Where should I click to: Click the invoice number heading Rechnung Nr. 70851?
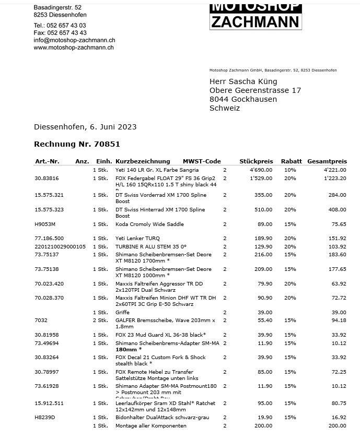77,144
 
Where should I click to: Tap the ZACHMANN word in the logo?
256,21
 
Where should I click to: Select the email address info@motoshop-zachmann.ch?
74,40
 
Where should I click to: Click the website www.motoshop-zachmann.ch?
74,48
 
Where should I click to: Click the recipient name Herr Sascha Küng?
243,81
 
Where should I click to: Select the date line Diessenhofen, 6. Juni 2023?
85,127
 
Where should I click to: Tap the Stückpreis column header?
256,161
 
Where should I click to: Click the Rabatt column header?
291,161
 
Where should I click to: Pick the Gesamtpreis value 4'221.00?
335,170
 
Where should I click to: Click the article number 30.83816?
47,179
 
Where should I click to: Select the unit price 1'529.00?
261,179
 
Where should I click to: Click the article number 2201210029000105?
60,246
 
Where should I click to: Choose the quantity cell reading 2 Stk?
100,321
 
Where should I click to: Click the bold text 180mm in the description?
126,350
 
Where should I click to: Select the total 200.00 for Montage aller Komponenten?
337,426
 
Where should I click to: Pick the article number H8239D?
44,418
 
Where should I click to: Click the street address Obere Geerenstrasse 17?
255,90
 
